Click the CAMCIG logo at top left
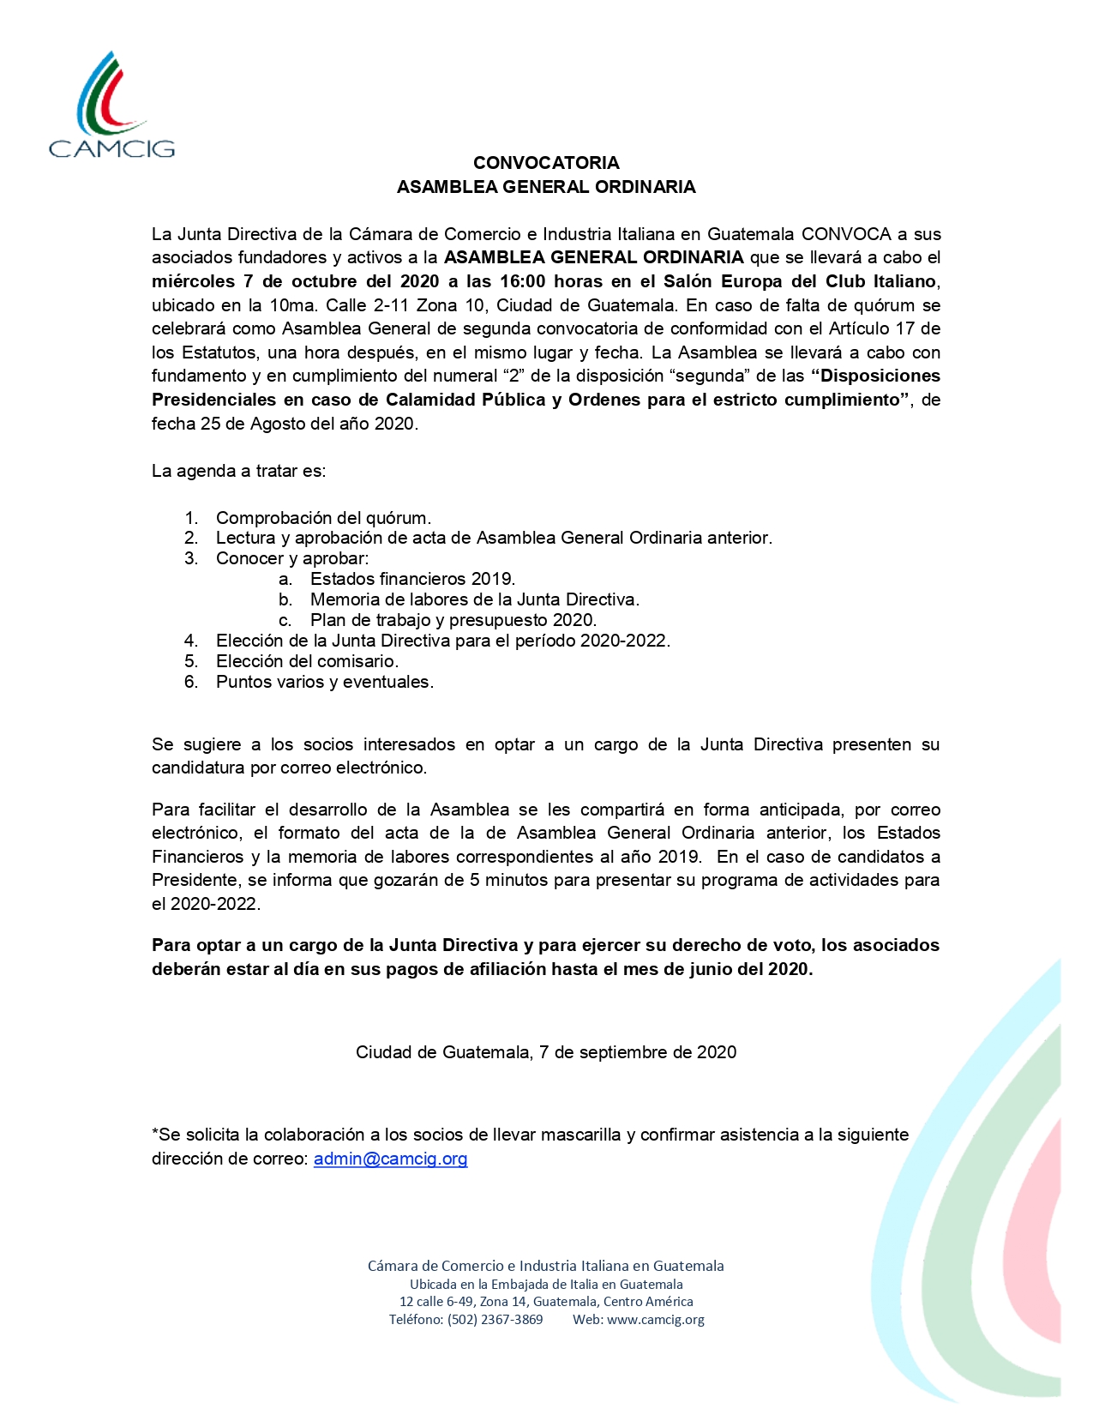(x=111, y=107)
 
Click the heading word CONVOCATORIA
(x=546, y=163)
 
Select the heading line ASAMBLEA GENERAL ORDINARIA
(x=546, y=187)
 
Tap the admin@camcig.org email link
(x=390, y=1159)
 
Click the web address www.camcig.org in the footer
(x=655, y=1320)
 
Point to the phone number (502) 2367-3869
(x=495, y=1320)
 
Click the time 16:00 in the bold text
(x=523, y=281)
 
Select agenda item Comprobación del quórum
(x=323, y=518)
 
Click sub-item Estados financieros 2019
(x=412, y=579)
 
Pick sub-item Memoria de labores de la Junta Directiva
(x=475, y=599)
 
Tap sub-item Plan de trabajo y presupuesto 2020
(x=453, y=620)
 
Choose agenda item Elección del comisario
(x=307, y=661)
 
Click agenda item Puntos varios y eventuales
(x=324, y=682)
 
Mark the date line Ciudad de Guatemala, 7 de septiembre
(x=546, y=1052)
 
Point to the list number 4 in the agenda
(x=190, y=641)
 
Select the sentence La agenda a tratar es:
(x=238, y=471)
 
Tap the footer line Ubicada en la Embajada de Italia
(x=546, y=1285)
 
